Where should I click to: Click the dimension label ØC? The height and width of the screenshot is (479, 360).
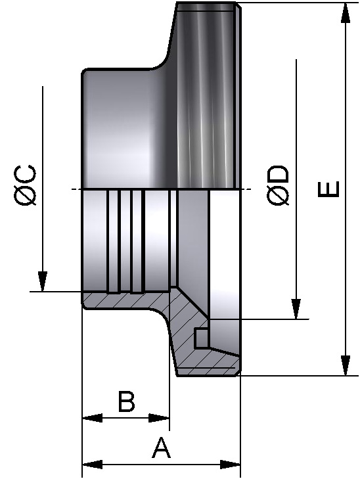coord(25,185)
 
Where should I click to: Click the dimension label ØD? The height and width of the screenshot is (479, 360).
coord(277,185)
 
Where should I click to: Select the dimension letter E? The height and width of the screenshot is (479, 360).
coord(328,189)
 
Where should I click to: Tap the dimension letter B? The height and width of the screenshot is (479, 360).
coord(126,401)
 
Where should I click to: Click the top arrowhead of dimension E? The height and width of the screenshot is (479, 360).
coord(346,12)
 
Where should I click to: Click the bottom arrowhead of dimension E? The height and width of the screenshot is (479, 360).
coord(346,365)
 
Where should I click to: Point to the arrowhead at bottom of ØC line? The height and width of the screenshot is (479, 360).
coord(43,281)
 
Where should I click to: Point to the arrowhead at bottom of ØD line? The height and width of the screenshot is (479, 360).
coord(296,309)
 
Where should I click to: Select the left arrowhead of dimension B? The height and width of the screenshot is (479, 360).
coord(93,418)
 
